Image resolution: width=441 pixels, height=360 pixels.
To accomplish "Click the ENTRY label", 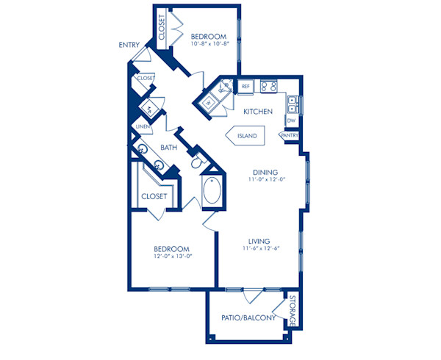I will pyautogui.click(x=129, y=46).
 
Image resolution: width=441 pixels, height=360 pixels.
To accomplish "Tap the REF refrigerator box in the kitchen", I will pyautogui.click(x=246, y=87).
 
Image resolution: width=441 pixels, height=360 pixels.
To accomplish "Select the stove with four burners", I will pyautogui.click(x=269, y=86).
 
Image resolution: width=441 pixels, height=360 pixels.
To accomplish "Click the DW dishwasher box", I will pyautogui.click(x=292, y=120).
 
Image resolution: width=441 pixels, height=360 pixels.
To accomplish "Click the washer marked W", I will pyautogui.click(x=208, y=103).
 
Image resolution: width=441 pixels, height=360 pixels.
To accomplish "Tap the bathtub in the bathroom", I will pyautogui.click(x=212, y=192).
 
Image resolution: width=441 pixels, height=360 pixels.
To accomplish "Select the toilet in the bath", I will pyautogui.click(x=196, y=163).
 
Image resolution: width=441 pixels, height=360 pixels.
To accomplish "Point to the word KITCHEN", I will pyautogui.click(x=259, y=112).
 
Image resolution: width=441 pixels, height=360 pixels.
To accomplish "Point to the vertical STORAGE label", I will pyautogui.click(x=293, y=312).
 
